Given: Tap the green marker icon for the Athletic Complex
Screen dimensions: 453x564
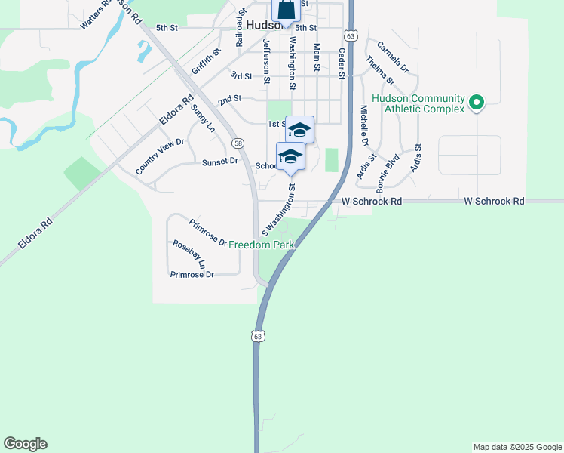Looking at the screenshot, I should pyautogui.click(x=476, y=102).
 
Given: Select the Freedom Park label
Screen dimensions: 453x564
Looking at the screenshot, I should pyautogui.click(x=261, y=245).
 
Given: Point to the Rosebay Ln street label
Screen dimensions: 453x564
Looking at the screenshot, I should pyautogui.click(x=189, y=254).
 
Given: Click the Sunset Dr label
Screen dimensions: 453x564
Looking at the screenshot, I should pyautogui.click(x=219, y=162).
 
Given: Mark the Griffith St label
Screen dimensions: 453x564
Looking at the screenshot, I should pyautogui.click(x=206, y=61).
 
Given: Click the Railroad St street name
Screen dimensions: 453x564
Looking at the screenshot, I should pyautogui.click(x=241, y=29).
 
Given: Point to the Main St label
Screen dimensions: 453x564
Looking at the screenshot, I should pyautogui.click(x=317, y=58).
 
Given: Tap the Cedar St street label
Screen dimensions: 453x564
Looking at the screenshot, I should pyautogui.click(x=342, y=63).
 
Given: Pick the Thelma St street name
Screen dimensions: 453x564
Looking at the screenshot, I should pyautogui.click(x=380, y=69).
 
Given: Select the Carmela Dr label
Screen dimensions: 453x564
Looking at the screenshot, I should pyautogui.click(x=392, y=57).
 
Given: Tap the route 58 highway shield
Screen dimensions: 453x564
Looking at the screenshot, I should pyautogui.click(x=238, y=143).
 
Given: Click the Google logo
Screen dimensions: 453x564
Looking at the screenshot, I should pyautogui.click(x=25, y=444).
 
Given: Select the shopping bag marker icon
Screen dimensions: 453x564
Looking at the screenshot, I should pyautogui.click(x=287, y=11).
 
